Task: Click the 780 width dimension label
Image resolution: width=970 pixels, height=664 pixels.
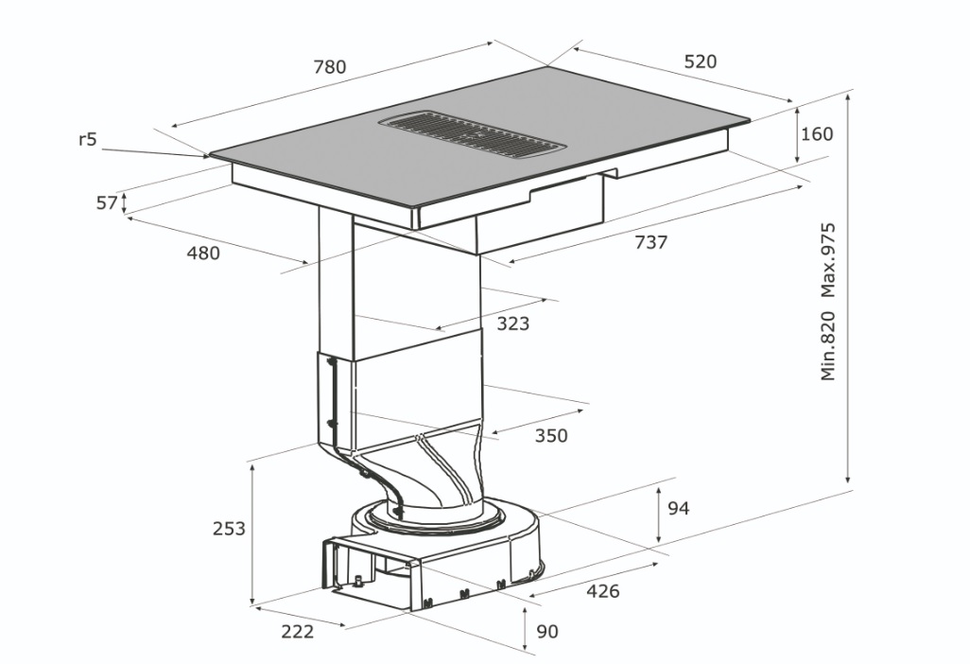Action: [x=329, y=66]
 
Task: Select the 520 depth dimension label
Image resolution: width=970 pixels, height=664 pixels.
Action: [x=701, y=61]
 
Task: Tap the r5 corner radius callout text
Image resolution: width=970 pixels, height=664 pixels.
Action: [x=88, y=139]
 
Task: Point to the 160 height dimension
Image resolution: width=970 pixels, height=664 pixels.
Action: [x=817, y=133]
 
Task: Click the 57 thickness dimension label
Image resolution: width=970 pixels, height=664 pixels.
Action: [x=107, y=202]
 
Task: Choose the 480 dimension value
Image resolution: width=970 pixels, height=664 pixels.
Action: [x=203, y=253]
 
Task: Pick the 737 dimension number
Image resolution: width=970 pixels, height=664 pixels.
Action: [x=650, y=242]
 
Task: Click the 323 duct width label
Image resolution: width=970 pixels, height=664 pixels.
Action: [x=512, y=323]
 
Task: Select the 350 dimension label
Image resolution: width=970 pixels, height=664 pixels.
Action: [x=550, y=436]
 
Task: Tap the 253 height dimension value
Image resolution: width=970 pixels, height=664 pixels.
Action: [x=229, y=529]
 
